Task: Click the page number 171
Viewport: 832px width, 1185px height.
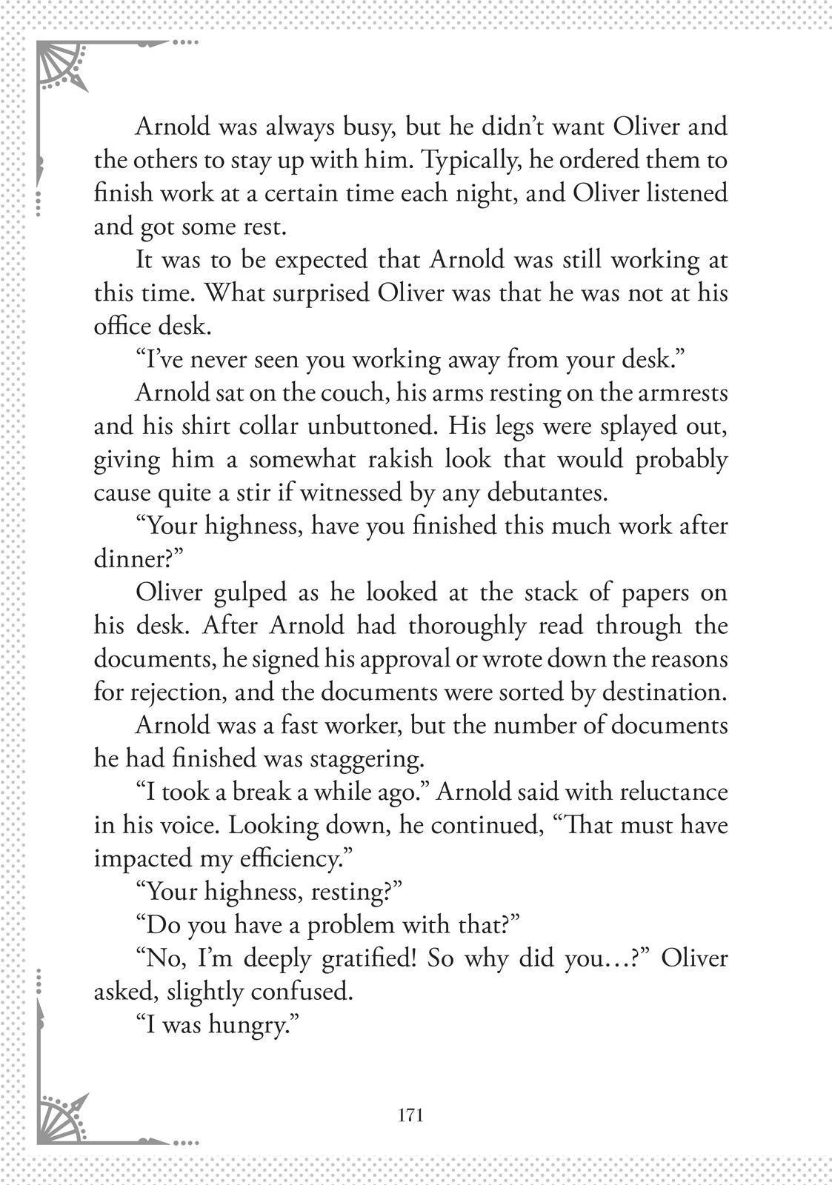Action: (410, 1115)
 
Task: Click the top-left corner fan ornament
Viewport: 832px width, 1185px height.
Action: (61, 67)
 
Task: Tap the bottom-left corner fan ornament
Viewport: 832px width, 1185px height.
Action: (61, 1118)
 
